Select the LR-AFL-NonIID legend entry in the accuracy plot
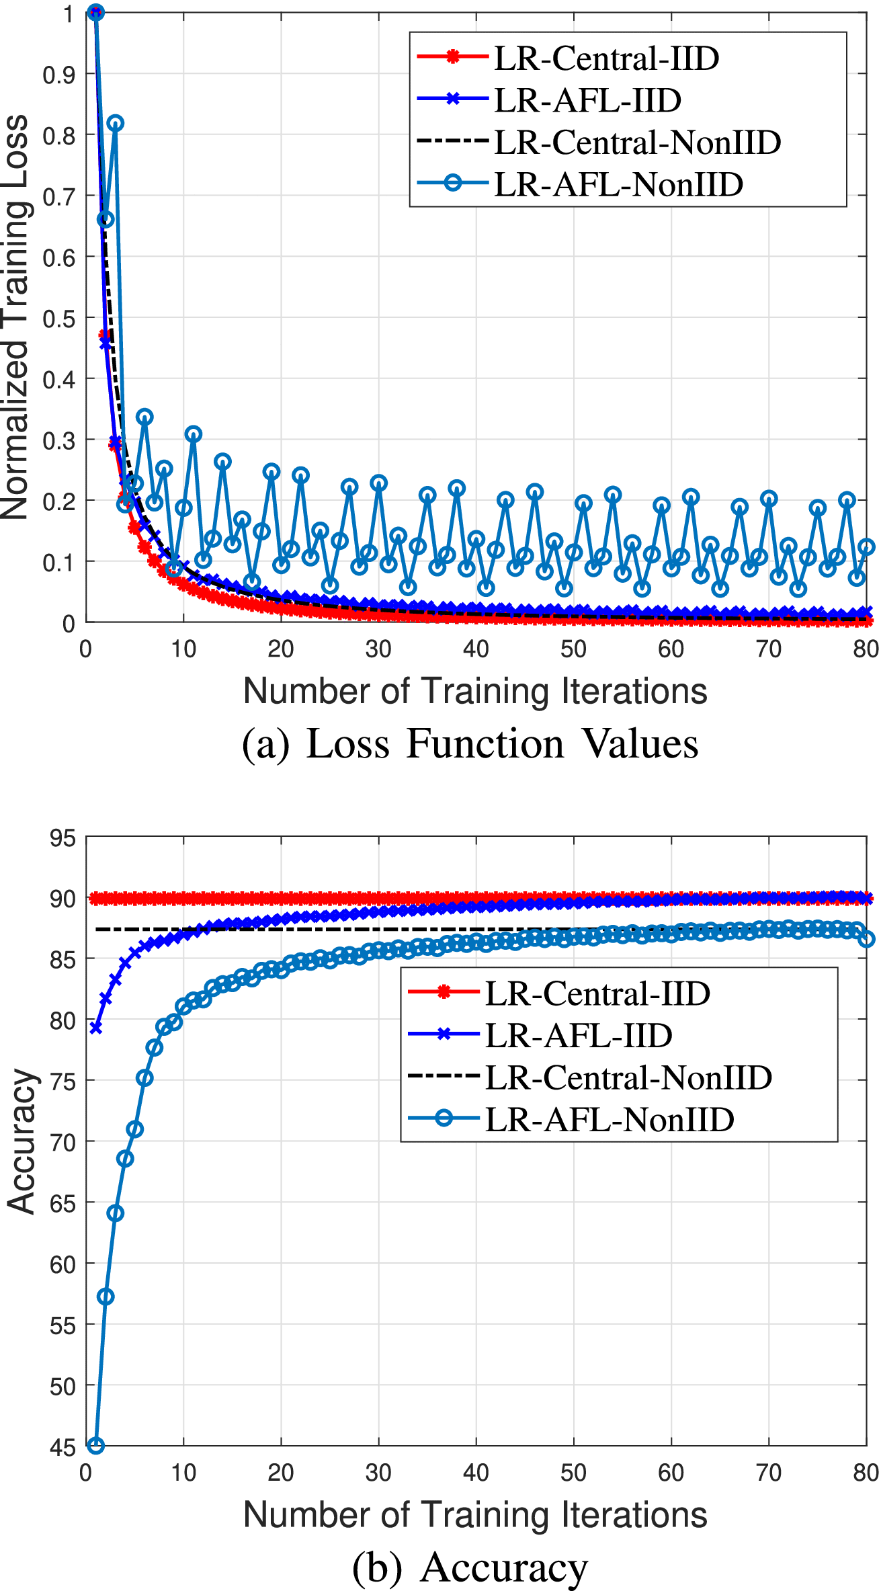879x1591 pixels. coord(609,1119)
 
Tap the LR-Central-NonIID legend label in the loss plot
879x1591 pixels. coord(637,142)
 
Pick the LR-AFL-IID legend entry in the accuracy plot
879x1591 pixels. coord(578,1035)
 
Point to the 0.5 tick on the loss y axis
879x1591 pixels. coord(59,319)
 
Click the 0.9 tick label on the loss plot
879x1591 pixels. coord(59,75)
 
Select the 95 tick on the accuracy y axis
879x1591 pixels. coord(62,838)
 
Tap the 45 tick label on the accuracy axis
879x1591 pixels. coord(62,1447)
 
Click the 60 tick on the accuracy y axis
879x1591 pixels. coord(62,1264)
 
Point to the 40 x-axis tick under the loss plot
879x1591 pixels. coord(476,649)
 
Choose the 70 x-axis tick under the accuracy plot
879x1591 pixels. coord(769,1473)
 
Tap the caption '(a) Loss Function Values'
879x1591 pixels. coord(470,744)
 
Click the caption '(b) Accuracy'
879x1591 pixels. coord(470,1567)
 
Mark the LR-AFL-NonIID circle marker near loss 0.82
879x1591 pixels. coord(115,123)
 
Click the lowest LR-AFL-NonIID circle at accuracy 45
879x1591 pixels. coord(96,1446)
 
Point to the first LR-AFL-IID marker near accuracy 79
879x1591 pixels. coord(96,1028)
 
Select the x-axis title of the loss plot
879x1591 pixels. coord(475,691)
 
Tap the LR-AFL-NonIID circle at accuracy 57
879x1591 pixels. coord(106,1297)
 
